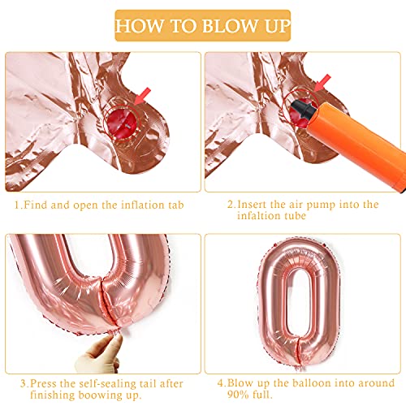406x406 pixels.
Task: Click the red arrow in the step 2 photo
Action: [324, 81]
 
